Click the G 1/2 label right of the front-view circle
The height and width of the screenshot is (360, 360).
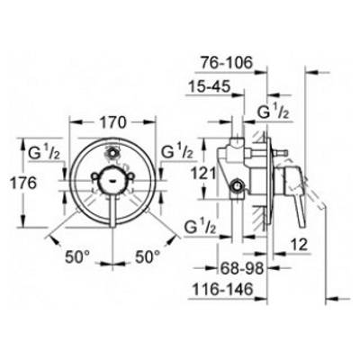tap(174, 150)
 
